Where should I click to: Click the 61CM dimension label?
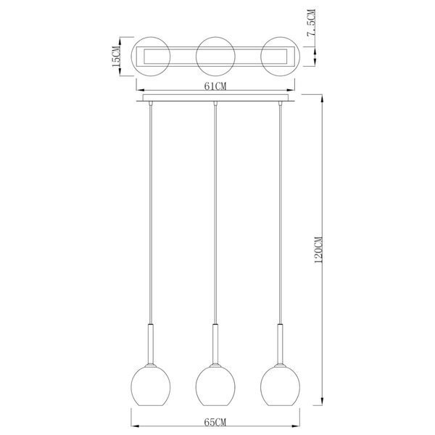217,86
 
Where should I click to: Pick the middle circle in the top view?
216,56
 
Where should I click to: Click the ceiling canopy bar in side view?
216,99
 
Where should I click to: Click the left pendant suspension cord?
150,217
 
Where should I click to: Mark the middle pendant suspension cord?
215,217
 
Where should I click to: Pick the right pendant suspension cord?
281,217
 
